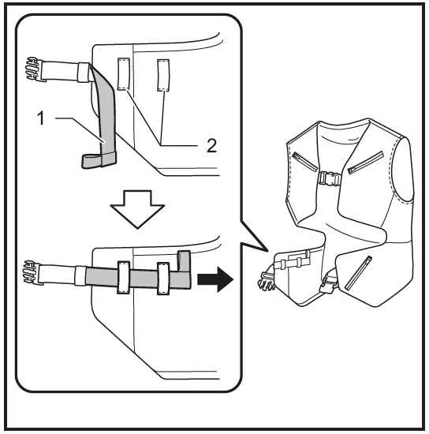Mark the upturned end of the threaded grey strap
(x=185, y=264)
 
